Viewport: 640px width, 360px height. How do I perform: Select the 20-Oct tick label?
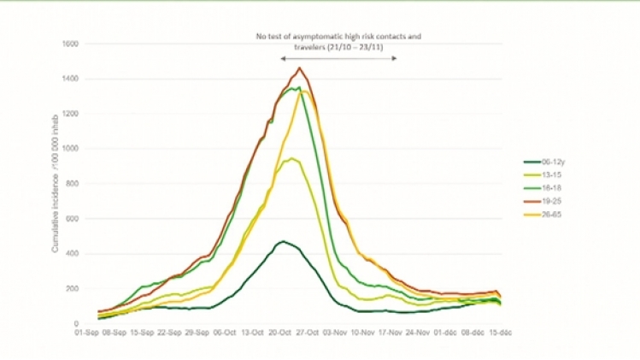[281, 334]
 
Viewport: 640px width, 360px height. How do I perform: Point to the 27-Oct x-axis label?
[307, 334]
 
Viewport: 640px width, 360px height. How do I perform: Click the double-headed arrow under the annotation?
[338, 58]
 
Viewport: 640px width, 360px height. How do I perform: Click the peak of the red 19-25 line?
[299, 68]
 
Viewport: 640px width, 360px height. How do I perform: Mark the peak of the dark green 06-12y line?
[282, 241]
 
